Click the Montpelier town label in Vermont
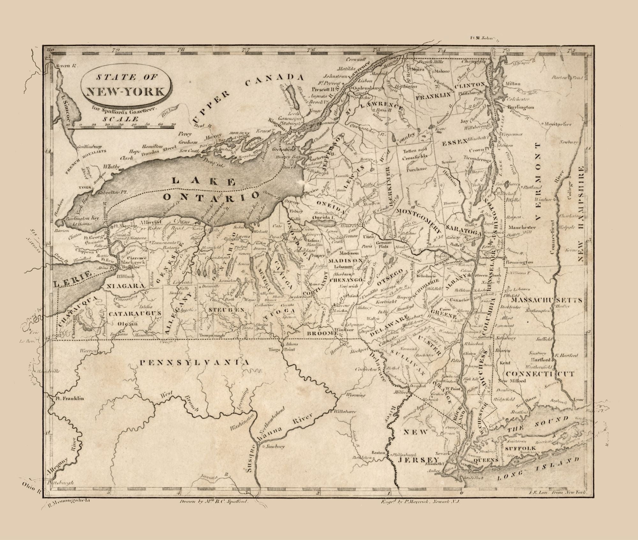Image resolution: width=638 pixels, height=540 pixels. pos(558,124)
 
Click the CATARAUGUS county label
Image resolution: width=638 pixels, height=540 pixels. pos(134,314)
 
